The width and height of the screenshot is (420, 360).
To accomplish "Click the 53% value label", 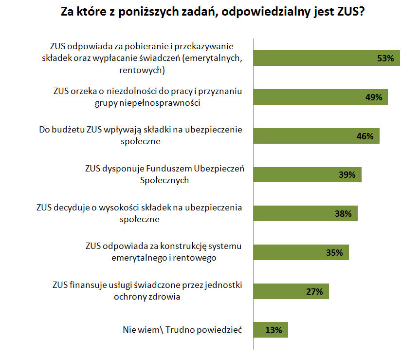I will coord(385,58).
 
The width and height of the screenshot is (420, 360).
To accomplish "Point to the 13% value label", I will coord(274,330).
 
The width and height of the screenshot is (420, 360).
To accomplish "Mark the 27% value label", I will coord(314,292).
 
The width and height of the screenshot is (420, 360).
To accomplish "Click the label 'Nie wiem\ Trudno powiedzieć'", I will coord(183,330).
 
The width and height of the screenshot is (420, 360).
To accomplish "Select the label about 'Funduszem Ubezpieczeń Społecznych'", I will coord(164,174).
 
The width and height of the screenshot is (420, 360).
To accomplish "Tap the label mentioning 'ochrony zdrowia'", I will coord(147,291).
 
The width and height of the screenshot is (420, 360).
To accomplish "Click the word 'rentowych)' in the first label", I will coord(142,71).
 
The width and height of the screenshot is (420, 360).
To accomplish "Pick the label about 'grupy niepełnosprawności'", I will coord(147,97).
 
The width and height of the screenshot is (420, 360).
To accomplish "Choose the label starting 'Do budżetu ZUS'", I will coord(140,135).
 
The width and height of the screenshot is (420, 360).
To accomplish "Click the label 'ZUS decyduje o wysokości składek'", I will coord(139,213).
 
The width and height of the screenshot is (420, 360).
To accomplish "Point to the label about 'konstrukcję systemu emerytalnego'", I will coord(163,251).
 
